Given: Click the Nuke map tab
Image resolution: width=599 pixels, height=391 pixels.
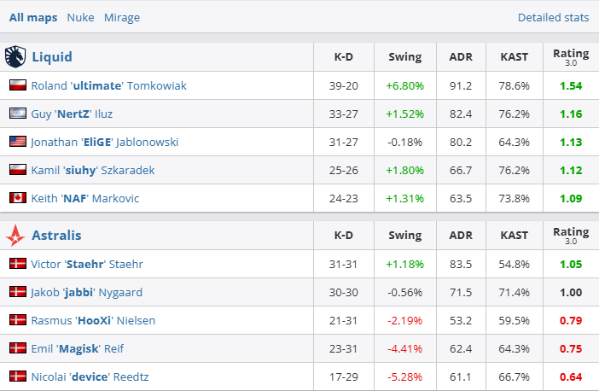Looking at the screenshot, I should pyautogui.click(x=80, y=17).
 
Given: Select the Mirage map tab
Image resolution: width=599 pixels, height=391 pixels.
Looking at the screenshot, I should pyautogui.click(x=122, y=17).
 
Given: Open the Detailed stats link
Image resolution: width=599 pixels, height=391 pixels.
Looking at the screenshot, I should pyautogui.click(x=553, y=17).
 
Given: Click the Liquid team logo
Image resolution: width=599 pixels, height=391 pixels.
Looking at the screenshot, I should pyautogui.click(x=15, y=57).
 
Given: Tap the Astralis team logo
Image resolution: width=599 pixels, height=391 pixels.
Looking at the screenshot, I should pyautogui.click(x=15, y=235).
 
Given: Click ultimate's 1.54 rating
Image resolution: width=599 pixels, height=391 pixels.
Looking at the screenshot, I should pyautogui.click(x=571, y=85).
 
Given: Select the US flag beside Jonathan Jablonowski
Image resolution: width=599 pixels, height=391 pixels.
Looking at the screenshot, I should pyautogui.click(x=17, y=142).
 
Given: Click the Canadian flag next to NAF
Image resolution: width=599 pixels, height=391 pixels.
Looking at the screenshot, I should pyautogui.click(x=17, y=198).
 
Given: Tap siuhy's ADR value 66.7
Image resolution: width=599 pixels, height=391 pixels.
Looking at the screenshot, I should pyautogui.click(x=461, y=170).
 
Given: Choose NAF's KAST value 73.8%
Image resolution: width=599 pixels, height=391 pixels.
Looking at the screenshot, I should pyautogui.click(x=515, y=198).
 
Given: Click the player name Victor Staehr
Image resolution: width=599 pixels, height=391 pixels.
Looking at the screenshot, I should pyautogui.click(x=87, y=264).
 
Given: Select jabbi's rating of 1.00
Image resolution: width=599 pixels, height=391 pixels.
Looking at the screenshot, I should pyautogui.click(x=571, y=292).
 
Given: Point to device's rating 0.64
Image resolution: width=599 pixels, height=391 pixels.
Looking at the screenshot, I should pyautogui.click(x=571, y=376).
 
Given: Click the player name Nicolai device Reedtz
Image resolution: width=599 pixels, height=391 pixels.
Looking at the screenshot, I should pyautogui.click(x=92, y=376).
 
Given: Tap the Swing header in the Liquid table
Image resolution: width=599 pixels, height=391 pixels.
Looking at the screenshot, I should pyautogui.click(x=404, y=57).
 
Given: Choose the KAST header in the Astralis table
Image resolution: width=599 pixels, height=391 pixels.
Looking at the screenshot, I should pyautogui.click(x=515, y=235).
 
